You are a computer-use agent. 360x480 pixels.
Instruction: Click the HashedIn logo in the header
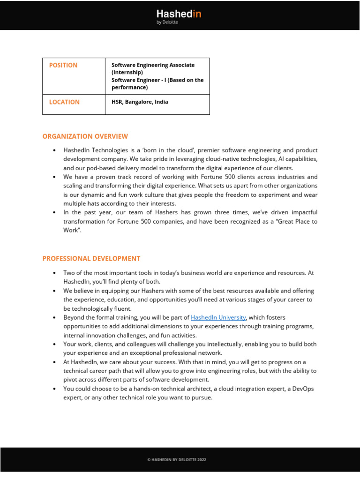(179, 14)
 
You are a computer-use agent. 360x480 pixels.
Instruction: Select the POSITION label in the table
(63, 65)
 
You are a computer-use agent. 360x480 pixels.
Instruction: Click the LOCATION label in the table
(64, 102)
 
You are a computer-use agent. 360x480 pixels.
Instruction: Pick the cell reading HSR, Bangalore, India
(140, 102)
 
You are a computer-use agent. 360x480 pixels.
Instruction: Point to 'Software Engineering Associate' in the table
(153, 65)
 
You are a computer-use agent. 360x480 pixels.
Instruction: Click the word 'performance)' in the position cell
(129, 87)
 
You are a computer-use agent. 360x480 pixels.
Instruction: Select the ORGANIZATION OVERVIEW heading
(85, 136)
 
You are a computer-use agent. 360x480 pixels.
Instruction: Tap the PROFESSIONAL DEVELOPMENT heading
(91, 258)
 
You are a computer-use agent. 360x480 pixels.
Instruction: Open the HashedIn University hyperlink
(218, 317)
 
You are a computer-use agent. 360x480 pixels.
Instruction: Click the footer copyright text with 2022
(177, 460)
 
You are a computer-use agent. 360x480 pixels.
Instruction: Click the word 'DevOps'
(306, 389)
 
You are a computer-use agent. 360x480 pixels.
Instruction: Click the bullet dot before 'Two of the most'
(55, 273)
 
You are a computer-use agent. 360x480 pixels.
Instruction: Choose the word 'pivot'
(71, 380)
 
